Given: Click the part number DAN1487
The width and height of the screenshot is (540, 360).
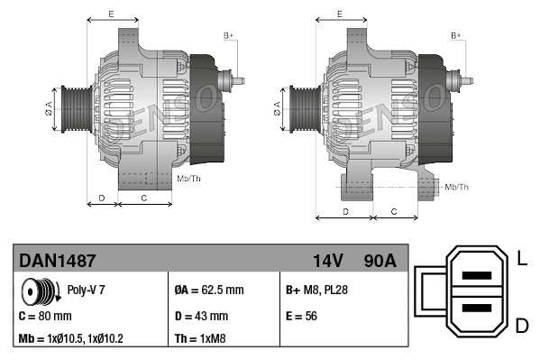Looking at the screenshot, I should [x=58, y=261].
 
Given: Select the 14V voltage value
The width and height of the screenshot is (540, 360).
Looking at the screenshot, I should [x=327, y=261].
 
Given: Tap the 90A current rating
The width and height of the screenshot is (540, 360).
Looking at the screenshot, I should [x=378, y=261].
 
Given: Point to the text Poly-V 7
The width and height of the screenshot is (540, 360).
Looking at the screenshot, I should [x=87, y=291].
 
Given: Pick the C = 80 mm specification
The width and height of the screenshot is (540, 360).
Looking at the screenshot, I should [x=44, y=317].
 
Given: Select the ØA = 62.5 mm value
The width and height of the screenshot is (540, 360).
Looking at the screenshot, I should [x=208, y=291].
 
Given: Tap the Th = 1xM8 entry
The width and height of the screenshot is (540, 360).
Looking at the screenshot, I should [x=199, y=339].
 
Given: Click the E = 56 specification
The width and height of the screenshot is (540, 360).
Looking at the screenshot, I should [x=302, y=317].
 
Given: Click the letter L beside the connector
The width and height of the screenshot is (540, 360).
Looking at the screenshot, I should [x=522, y=260].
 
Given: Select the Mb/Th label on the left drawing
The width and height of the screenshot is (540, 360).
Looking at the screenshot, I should [x=189, y=179].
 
